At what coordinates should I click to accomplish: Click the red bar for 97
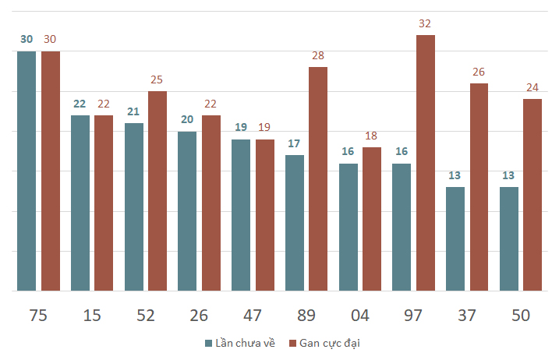(x=425, y=163)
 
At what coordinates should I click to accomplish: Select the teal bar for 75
(x=27, y=171)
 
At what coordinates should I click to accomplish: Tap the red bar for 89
(x=318, y=178)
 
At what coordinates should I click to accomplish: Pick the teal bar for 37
(x=455, y=238)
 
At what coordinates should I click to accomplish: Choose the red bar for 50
(x=532, y=195)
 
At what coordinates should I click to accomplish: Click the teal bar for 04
(x=348, y=227)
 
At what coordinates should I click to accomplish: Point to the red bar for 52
(x=157, y=191)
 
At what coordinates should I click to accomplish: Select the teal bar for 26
(x=187, y=210)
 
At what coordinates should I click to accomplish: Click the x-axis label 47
(x=253, y=316)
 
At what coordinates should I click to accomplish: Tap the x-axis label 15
(x=92, y=316)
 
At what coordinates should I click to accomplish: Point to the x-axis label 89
(x=306, y=316)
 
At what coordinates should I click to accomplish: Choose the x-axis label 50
(x=521, y=316)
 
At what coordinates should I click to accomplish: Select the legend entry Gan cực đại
(x=329, y=343)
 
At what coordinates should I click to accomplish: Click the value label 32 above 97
(x=425, y=24)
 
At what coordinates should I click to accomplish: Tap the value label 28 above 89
(x=318, y=56)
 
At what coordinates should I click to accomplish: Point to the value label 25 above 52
(x=157, y=80)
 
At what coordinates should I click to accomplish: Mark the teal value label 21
(x=133, y=112)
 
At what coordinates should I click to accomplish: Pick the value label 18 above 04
(x=372, y=136)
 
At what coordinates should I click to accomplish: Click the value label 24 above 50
(x=532, y=88)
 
